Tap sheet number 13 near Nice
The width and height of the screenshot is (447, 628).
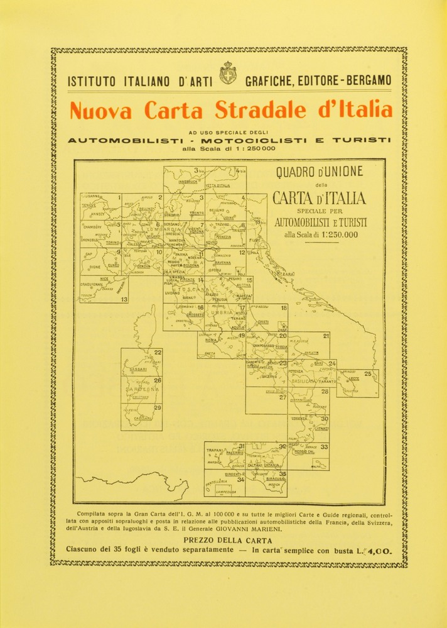pyautogui.click(x=124, y=300)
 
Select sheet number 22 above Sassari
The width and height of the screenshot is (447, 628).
pyautogui.click(x=157, y=353)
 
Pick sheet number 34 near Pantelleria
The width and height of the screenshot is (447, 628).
pyautogui.click(x=240, y=479)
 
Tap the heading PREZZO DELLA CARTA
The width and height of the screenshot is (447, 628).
pyautogui.click(x=223, y=540)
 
